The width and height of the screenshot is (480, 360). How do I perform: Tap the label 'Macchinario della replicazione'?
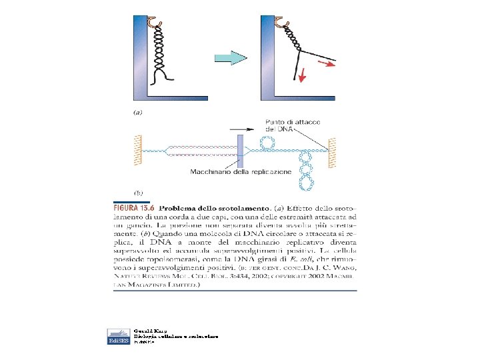pyautogui.click(x=241, y=172)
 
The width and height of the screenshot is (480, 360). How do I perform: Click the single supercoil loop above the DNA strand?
pyautogui.click(x=267, y=142)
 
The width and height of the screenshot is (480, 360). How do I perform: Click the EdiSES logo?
pyautogui.click(x=118, y=336)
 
